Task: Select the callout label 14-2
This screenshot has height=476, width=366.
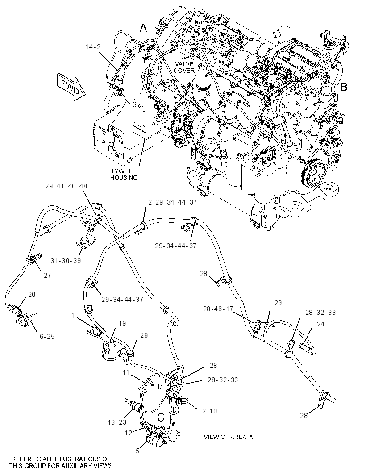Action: tap(93, 47)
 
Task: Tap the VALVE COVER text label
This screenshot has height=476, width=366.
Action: tap(184, 67)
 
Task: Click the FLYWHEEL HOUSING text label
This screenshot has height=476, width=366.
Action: tap(124, 174)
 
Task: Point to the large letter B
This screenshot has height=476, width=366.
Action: tap(344, 87)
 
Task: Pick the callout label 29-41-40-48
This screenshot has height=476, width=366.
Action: tap(66, 186)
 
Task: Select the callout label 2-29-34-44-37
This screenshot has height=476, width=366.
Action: tap(173, 202)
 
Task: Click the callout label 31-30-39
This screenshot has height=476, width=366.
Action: tap(66, 260)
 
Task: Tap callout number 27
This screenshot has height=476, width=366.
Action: tap(47, 275)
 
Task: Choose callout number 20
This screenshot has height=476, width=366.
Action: tap(32, 294)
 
